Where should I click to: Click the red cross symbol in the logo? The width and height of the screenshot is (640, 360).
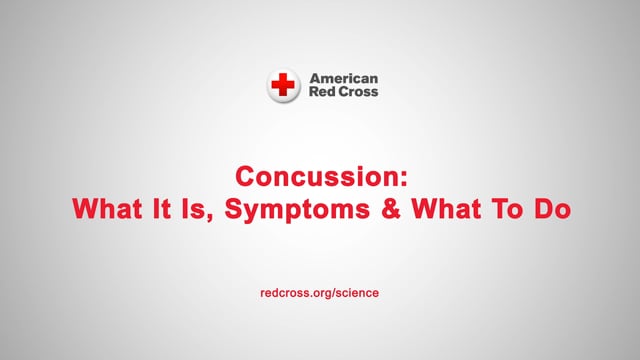click(283, 84)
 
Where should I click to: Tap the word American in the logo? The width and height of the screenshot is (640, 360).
click(344, 78)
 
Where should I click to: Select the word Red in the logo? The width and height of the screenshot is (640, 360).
click(321, 91)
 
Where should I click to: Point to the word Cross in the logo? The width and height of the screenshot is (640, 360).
click(357, 91)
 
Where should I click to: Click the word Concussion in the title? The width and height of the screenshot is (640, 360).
click(316, 177)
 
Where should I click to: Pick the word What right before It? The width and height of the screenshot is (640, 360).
click(107, 209)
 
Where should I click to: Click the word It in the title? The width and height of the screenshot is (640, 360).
click(161, 209)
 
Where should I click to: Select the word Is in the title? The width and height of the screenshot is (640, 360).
click(192, 209)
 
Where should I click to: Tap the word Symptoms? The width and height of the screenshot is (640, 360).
click(297, 211)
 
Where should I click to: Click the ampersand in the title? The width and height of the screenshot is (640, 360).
click(391, 209)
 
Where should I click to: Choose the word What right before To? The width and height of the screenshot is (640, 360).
click(446, 209)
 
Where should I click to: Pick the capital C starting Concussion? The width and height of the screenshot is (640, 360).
click(246, 177)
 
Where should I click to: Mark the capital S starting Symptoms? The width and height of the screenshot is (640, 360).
click(234, 209)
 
